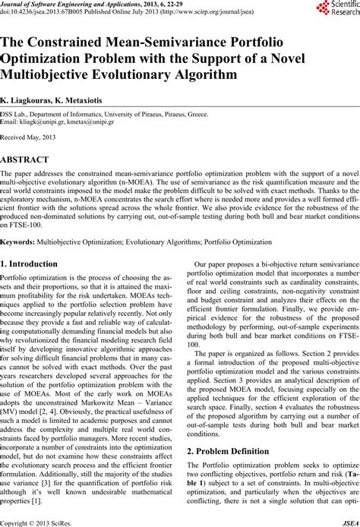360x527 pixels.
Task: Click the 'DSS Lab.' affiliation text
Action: click(14, 113)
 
